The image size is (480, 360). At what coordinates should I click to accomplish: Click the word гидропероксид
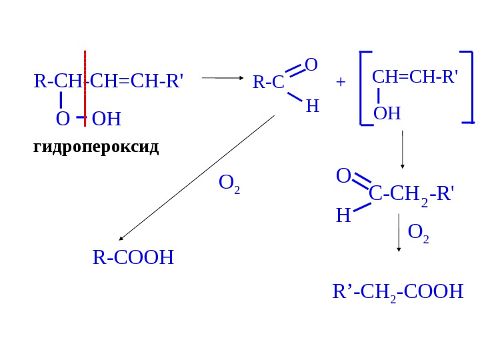[x=96, y=147]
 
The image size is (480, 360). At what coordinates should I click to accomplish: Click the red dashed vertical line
[x=85, y=87]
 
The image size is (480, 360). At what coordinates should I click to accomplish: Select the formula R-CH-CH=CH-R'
[x=108, y=81]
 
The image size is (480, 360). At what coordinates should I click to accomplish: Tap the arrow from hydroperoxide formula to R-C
[x=223, y=78]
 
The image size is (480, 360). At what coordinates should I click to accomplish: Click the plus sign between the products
[x=341, y=82]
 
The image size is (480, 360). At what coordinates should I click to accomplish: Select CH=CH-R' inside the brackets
[x=415, y=76]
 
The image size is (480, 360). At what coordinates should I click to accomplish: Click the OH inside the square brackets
[x=387, y=113]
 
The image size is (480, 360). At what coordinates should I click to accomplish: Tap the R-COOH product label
[x=133, y=257]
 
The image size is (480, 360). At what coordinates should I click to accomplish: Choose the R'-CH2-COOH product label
[x=397, y=291]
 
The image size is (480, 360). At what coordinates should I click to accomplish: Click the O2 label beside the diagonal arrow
[x=229, y=184]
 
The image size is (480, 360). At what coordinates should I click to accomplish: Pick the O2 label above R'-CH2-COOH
[x=418, y=233]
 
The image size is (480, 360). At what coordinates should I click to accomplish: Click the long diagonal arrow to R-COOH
[x=197, y=178]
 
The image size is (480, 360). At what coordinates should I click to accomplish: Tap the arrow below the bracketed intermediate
[x=403, y=149]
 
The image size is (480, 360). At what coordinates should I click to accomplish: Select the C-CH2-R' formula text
[x=411, y=195]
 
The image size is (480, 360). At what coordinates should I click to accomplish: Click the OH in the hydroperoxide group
[x=107, y=119]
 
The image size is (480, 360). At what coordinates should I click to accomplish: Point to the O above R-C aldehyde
[x=311, y=65]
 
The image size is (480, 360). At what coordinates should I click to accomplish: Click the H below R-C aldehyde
[x=312, y=106]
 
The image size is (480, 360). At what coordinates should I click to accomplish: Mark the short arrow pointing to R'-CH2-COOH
[x=399, y=233]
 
